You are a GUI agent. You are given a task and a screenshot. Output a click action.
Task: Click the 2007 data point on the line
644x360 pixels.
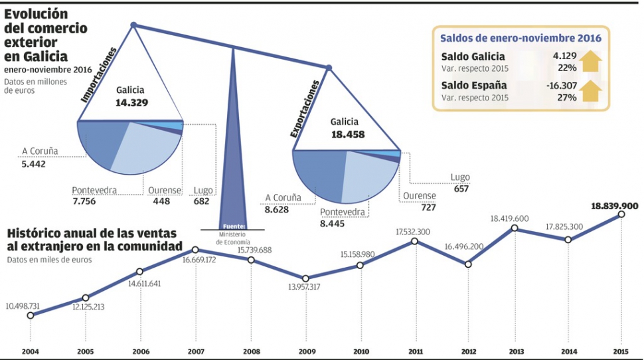(195, 250)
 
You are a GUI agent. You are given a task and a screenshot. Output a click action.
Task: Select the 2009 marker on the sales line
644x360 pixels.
(305, 278)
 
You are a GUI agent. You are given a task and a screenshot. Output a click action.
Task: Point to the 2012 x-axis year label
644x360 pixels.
(468, 350)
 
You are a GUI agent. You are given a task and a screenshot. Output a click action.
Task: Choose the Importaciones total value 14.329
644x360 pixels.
(131, 102)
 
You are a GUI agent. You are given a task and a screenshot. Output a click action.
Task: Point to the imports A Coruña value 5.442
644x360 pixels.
(33, 163)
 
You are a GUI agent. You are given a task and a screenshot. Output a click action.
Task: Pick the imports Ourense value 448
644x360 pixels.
(161, 201)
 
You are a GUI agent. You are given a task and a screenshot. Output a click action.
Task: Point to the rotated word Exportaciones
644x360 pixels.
(305, 109)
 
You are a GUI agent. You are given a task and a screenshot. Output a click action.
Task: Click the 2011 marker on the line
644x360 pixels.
(414, 241)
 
